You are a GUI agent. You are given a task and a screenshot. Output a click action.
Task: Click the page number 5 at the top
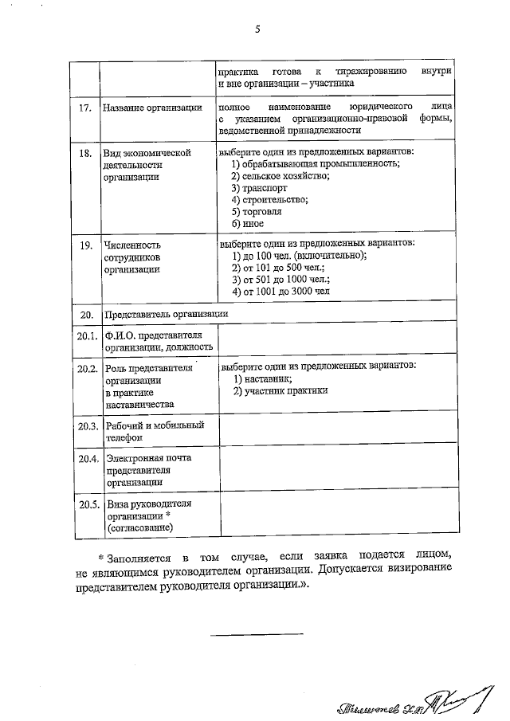click(257, 30)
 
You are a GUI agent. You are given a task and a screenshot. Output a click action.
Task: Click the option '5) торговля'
click(257, 212)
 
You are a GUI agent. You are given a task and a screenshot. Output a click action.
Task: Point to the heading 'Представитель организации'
click(166, 314)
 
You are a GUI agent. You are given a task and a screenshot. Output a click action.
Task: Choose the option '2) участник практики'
click(280, 390)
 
